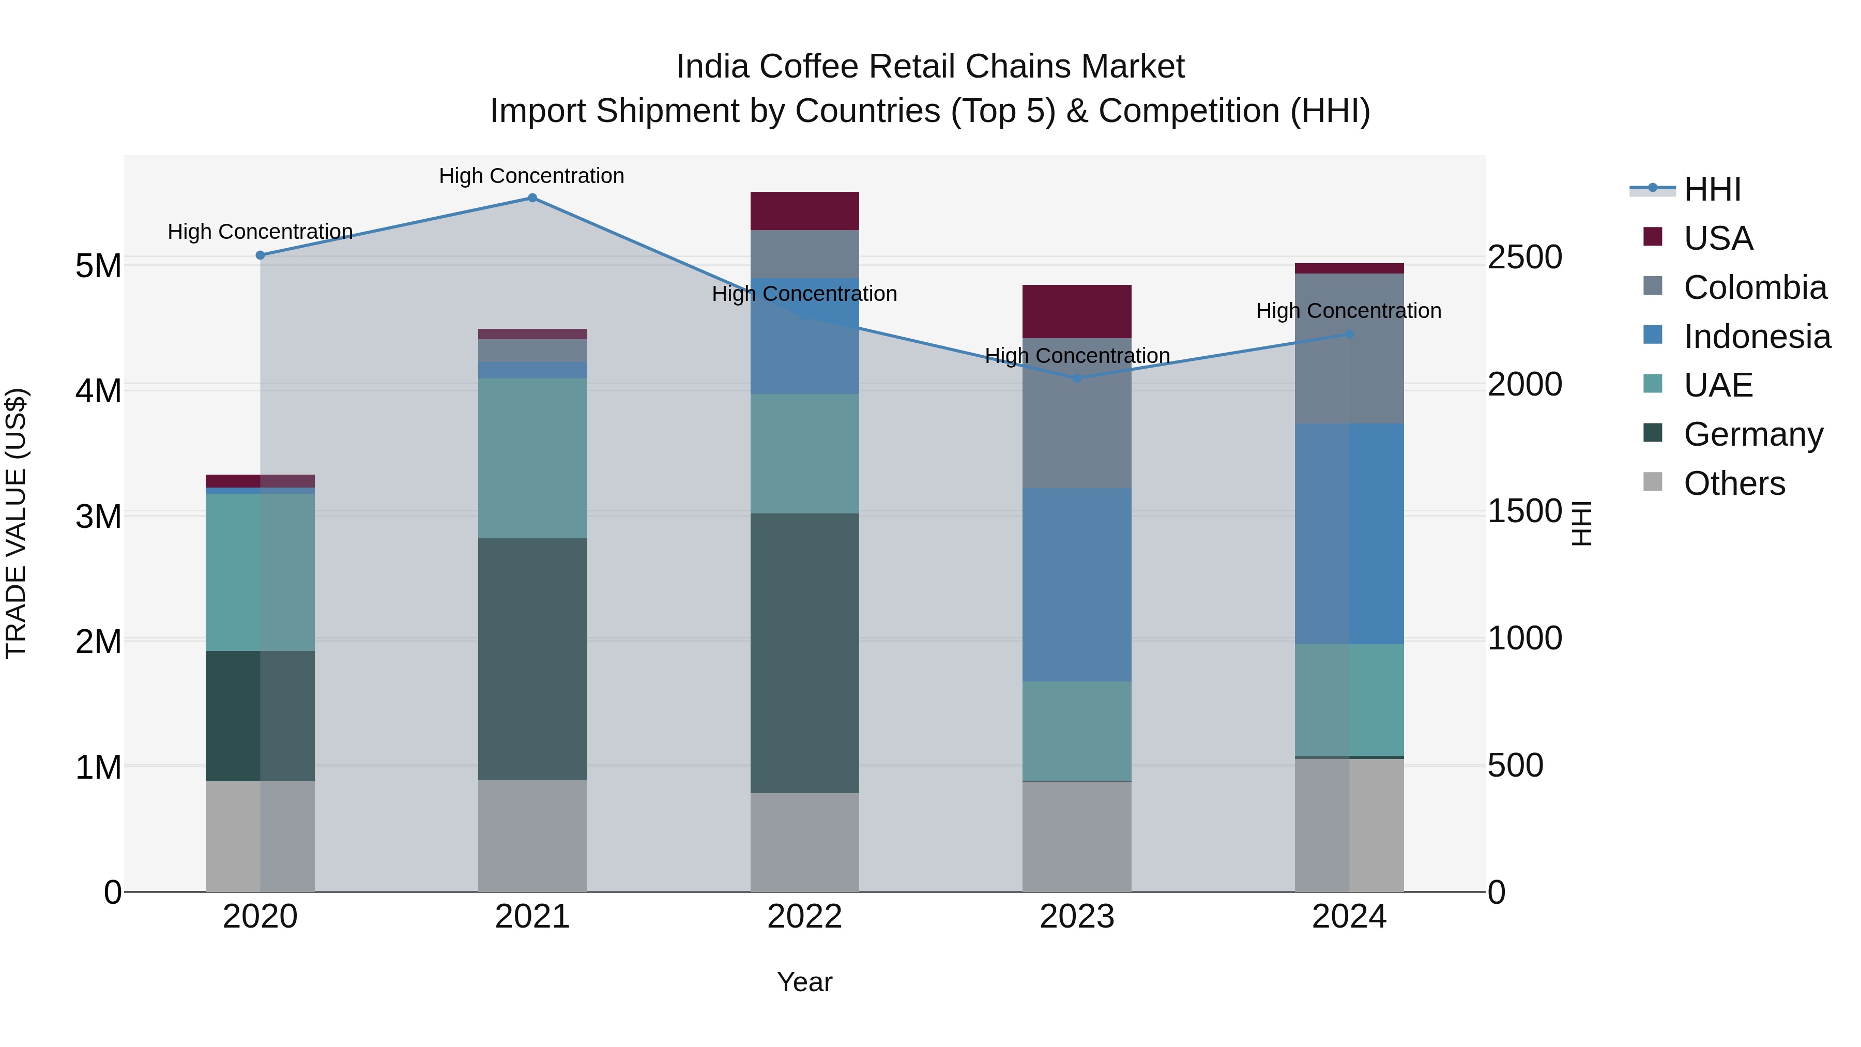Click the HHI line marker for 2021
click(532, 198)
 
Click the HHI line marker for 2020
click(261, 255)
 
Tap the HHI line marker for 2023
click(1077, 378)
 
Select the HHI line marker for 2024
click(1349, 334)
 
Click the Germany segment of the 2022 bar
click(805, 653)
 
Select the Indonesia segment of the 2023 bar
click(1077, 585)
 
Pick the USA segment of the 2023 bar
click(1077, 311)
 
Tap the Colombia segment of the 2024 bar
click(1349, 348)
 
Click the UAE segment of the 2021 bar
click(532, 458)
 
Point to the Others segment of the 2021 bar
click(532, 836)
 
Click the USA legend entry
click(1718, 238)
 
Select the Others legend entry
click(1734, 483)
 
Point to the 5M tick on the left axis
click(99, 266)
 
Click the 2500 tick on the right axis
click(1524, 257)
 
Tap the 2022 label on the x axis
click(805, 917)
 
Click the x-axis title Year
click(805, 982)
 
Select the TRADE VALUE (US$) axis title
click(17, 523)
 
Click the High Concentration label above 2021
click(532, 176)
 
